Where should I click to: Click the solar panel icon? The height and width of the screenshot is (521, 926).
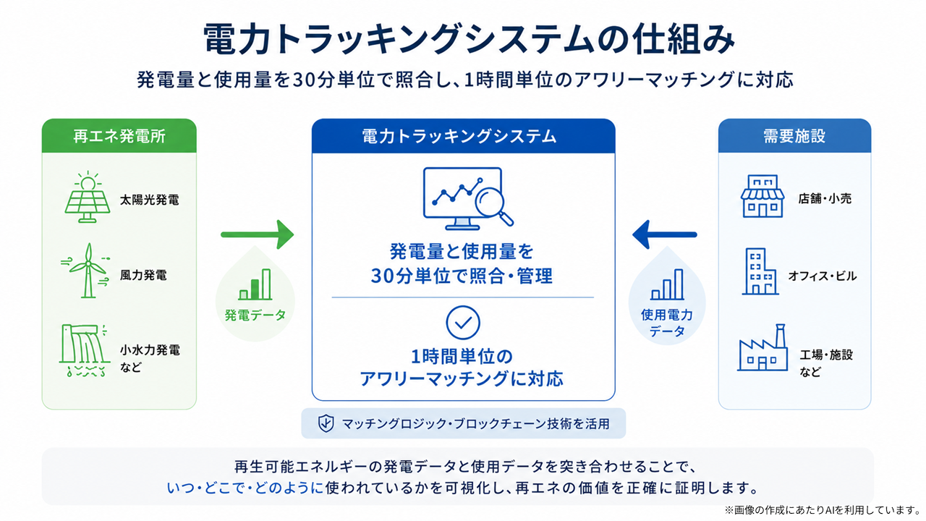click(x=88, y=197)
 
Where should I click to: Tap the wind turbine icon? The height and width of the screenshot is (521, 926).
click(x=88, y=271)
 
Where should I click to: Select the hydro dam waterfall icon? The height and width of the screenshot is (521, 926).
click(x=85, y=350)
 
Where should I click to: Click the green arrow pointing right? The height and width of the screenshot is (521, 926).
click(x=257, y=234)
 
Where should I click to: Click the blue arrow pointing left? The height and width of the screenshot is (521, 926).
click(x=665, y=234)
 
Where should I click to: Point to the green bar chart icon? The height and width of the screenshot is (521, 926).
click(x=255, y=284)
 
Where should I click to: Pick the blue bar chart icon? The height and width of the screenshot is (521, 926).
click(x=667, y=284)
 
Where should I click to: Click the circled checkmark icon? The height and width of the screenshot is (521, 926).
click(x=463, y=323)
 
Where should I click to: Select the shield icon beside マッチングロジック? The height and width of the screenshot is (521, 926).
click(x=326, y=423)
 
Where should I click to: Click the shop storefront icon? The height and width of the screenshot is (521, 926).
click(x=763, y=196)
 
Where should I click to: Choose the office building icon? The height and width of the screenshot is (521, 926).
click(x=760, y=271)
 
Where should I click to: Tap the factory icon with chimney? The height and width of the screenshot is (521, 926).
click(x=763, y=347)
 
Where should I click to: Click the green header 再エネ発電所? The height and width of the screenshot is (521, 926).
click(x=119, y=135)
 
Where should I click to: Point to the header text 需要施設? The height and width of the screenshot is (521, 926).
click(x=794, y=135)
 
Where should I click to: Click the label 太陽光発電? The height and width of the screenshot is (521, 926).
click(x=150, y=200)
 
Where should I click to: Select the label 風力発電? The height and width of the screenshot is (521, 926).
click(x=143, y=276)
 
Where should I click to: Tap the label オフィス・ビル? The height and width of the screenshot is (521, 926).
click(x=823, y=276)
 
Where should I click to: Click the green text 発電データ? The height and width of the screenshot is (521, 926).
click(x=255, y=315)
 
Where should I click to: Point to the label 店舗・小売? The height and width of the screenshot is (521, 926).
click(x=825, y=199)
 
